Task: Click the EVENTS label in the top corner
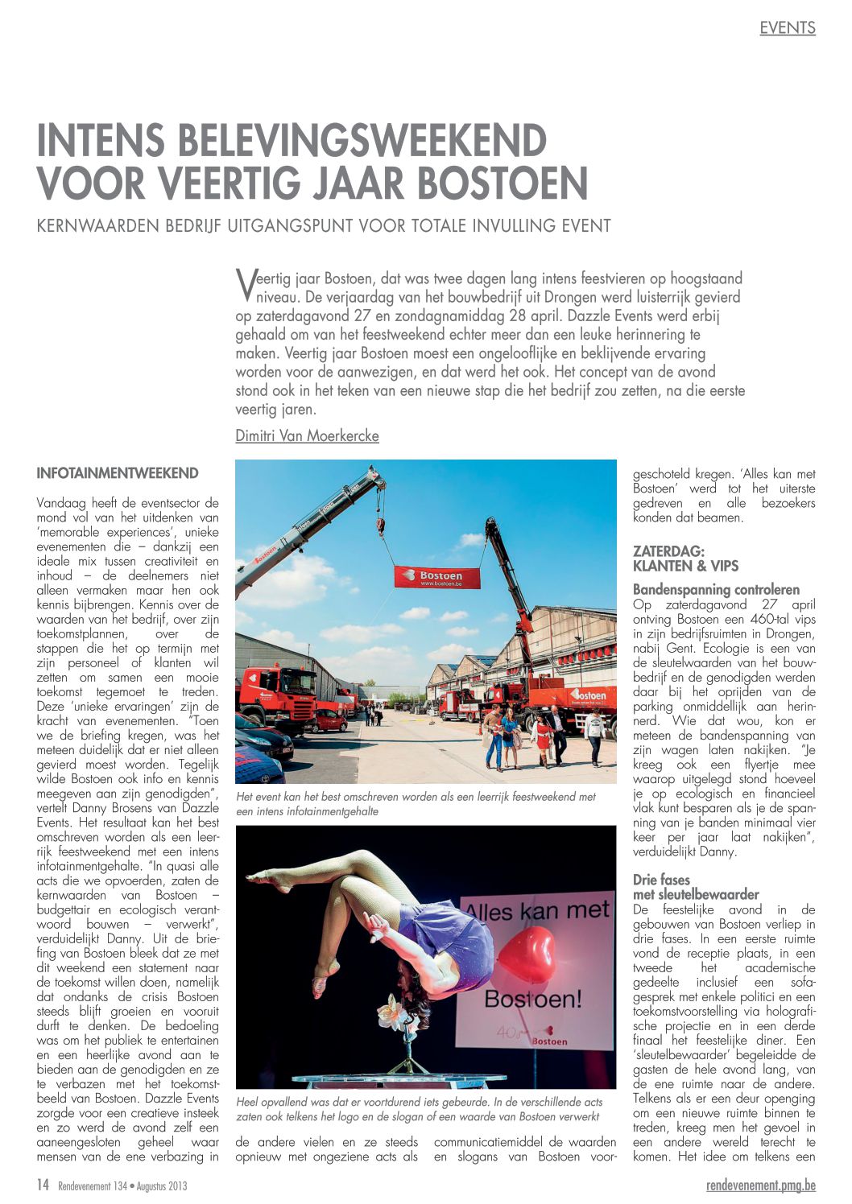(787, 28)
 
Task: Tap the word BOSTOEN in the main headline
(503, 183)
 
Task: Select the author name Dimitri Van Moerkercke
(307, 435)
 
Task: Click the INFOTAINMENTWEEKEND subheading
(118, 473)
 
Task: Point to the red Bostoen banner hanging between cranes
(436, 577)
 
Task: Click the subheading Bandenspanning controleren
(716, 590)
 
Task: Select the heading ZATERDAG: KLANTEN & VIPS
(685, 559)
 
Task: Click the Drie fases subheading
(661, 880)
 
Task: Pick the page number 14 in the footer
(43, 1185)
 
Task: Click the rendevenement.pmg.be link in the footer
(760, 1185)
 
